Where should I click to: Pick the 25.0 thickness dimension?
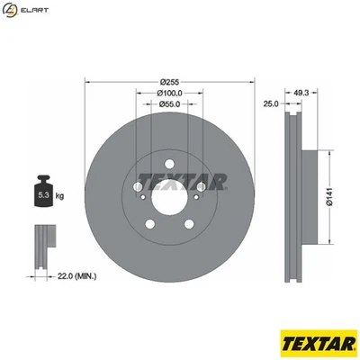point(269,104)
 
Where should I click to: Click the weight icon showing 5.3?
point(43,192)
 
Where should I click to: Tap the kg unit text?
point(60,195)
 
